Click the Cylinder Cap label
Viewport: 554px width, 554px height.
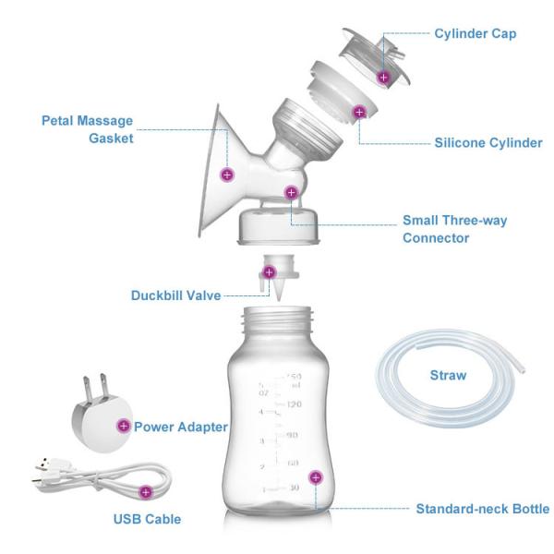click(475, 34)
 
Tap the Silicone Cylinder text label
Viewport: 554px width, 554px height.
click(488, 143)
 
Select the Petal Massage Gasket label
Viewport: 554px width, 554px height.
click(88, 129)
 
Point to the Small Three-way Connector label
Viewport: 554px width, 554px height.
click(454, 229)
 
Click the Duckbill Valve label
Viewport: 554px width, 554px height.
click(175, 295)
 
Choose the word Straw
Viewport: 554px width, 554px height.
click(448, 376)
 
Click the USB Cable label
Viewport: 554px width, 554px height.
click(147, 519)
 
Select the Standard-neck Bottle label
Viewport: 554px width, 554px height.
click(482, 509)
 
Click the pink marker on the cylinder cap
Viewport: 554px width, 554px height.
click(384, 78)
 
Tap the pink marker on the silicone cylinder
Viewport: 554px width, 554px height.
click(358, 113)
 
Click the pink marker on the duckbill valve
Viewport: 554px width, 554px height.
click(270, 272)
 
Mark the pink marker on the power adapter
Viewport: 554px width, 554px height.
click(124, 426)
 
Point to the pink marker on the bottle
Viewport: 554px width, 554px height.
click(316, 477)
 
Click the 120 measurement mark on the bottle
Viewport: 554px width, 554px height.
click(295, 404)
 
